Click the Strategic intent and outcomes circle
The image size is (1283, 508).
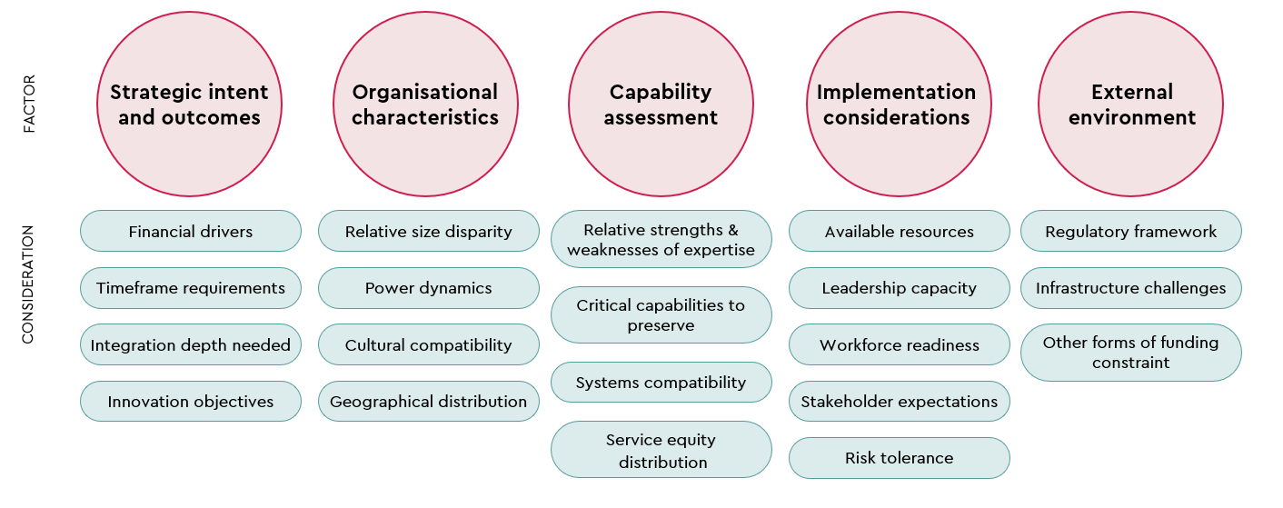[190, 105]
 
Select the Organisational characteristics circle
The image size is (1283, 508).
[425, 105]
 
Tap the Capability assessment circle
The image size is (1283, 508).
[661, 105]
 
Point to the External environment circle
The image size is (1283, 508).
[1131, 105]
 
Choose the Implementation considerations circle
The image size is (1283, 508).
[897, 105]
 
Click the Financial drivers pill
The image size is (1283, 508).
[191, 232]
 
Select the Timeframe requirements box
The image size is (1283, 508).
[191, 288]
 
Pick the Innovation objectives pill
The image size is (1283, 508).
[191, 402]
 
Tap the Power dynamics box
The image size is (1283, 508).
[428, 288]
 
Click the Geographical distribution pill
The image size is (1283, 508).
[428, 402]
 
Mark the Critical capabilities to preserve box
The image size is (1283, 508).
[661, 315]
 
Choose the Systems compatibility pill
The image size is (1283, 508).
[661, 383]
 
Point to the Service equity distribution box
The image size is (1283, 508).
[661, 450]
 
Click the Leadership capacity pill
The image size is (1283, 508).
[899, 288]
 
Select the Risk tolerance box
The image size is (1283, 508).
[899, 458]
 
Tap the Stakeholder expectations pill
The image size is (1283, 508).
[899, 402]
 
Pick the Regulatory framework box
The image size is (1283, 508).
[1130, 232]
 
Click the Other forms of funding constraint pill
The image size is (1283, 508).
[1130, 353]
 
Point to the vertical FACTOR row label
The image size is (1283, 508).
[28, 105]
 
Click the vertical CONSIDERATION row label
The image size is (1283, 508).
[28, 284]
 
